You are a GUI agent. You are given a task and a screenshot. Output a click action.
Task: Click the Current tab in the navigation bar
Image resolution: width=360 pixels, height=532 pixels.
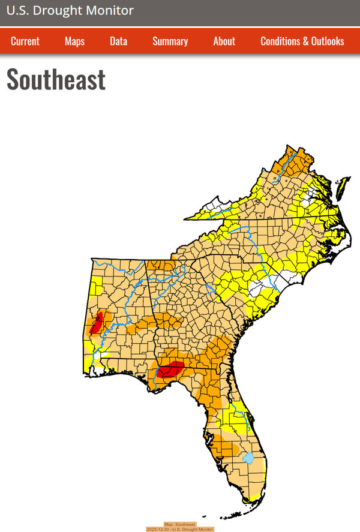tap(25, 41)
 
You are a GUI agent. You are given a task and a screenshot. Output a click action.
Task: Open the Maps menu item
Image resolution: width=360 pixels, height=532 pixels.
tap(74, 41)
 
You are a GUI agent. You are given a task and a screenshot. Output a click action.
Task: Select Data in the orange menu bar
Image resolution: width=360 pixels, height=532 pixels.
tap(118, 41)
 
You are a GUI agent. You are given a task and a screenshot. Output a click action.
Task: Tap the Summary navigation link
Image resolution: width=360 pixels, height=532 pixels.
tap(170, 41)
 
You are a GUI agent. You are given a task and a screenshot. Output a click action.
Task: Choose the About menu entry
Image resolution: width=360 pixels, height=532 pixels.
tap(224, 41)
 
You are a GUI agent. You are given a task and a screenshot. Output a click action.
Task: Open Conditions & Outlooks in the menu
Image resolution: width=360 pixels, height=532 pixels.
tap(302, 41)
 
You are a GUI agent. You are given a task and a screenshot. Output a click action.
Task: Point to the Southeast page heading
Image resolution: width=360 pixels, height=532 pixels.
tap(56, 80)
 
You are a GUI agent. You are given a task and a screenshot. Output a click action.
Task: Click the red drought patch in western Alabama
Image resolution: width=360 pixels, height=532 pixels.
tap(96, 323)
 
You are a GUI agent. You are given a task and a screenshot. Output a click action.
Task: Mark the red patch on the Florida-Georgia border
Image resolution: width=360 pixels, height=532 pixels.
tap(170, 370)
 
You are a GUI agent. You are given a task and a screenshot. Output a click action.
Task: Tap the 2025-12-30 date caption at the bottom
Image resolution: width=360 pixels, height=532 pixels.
tap(180, 529)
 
